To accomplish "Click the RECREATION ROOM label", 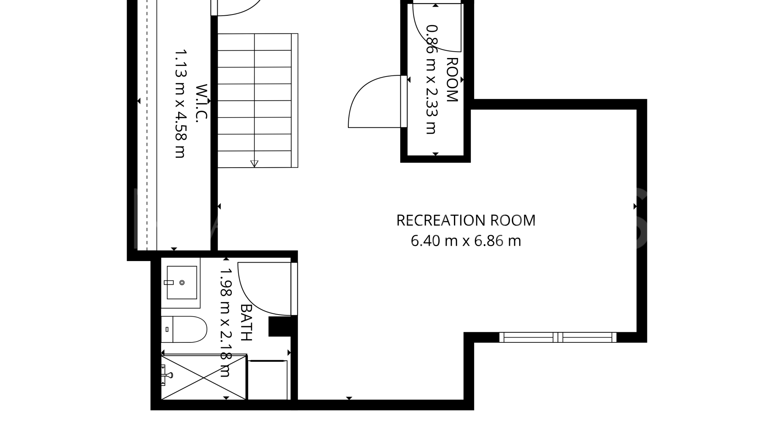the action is pyautogui.click(x=466, y=220).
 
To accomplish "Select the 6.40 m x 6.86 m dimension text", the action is pyautogui.click(x=466, y=241).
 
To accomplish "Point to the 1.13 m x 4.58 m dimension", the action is pyautogui.click(x=180, y=104).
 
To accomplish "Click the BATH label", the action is pyautogui.click(x=246, y=322).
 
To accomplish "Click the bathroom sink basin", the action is pyautogui.click(x=182, y=282).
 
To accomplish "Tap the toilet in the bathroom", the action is pyautogui.click(x=184, y=329).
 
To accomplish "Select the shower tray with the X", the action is pyautogui.click(x=204, y=377).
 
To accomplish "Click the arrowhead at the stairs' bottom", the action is pyautogui.click(x=254, y=164).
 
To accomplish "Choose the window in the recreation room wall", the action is pyautogui.click(x=558, y=337).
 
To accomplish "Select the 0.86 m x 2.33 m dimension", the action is pyautogui.click(x=431, y=79).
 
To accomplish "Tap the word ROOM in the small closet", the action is pyautogui.click(x=452, y=80).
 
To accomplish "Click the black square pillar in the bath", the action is pyautogui.click(x=280, y=326).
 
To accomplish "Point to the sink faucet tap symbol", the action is pyautogui.click(x=169, y=283).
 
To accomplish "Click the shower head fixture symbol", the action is pyautogui.click(x=167, y=375).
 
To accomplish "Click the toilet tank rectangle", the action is pyautogui.click(x=167, y=329).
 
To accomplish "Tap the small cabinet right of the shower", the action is pyautogui.click(x=268, y=380).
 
